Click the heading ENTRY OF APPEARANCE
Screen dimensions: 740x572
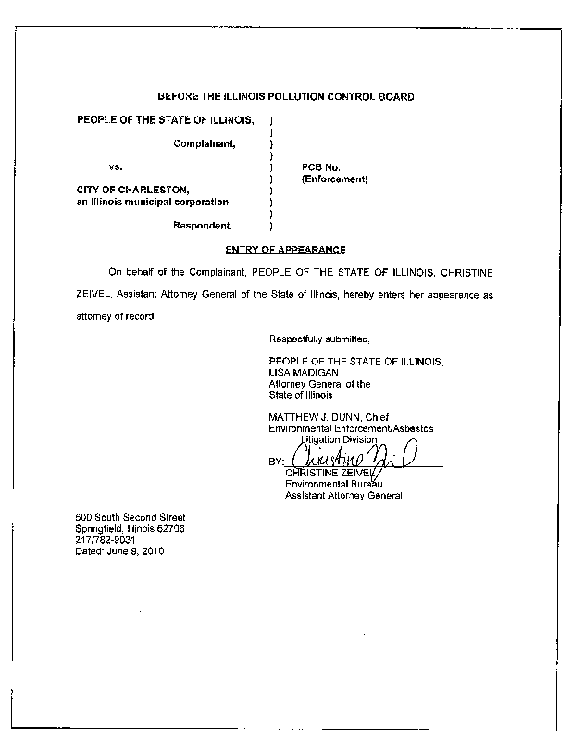coord(285,250)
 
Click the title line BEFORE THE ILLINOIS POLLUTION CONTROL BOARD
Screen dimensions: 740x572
coord(285,96)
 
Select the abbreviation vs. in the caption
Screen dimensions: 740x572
coord(116,167)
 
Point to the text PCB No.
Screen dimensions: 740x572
coord(322,167)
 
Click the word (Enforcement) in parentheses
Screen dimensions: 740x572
coord(335,179)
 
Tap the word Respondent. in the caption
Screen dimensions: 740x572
coord(204,225)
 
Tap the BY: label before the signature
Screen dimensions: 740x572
coord(277,461)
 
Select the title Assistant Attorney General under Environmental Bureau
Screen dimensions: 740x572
coord(343,496)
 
